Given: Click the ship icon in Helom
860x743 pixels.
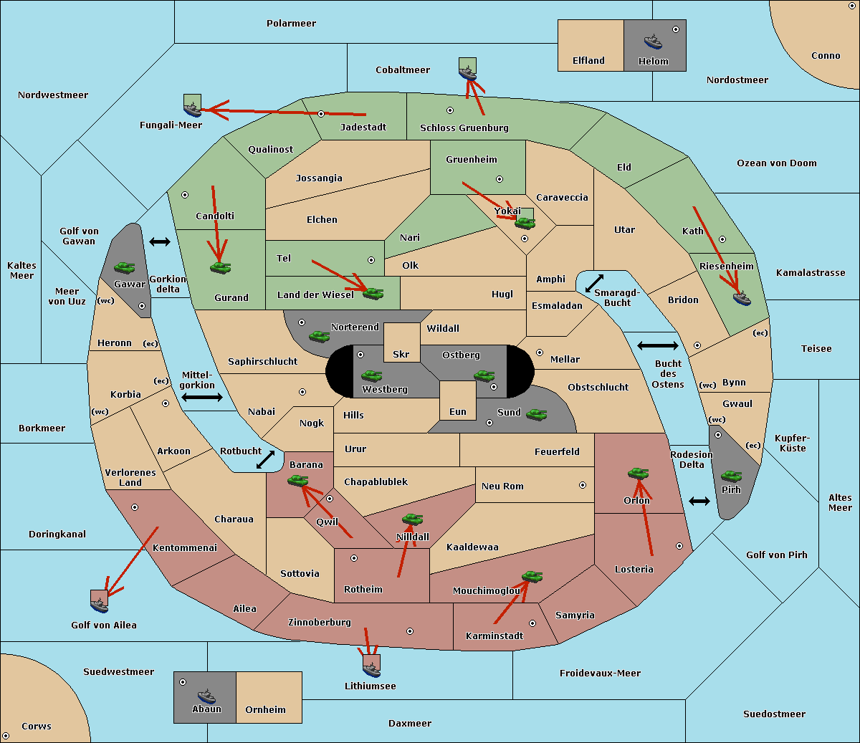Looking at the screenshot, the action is pyautogui.click(x=653, y=42).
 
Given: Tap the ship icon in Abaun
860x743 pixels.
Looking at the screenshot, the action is pyautogui.click(x=206, y=696).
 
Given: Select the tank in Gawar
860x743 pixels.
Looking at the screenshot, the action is pyautogui.click(x=124, y=267).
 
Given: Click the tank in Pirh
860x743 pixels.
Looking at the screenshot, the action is pyautogui.click(x=731, y=476).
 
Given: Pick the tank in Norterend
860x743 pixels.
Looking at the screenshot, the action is pyautogui.click(x=319, y=336).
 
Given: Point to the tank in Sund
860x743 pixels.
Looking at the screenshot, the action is pyautogui.click(x=536, y=414).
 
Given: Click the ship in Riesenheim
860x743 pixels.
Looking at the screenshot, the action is pyautogui.click(x=742, y=298).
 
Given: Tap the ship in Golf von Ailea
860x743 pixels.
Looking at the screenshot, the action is pyautogui.click(x=100, y=605).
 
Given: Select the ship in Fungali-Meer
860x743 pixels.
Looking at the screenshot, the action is pyautogui.click(x=192, y=109).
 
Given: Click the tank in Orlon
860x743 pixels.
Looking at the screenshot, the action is pyautogui.click(x=639, y=474).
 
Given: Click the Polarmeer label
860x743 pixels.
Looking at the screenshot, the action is pyautogui.click(x=291, y=24).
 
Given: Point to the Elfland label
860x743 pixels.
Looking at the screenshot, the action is pyautogui.click(x=588, y=60).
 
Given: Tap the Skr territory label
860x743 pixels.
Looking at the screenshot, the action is pyautogui.click(x=401, y=354).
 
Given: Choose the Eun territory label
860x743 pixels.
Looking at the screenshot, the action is pyautogui.click(x=458, y=411).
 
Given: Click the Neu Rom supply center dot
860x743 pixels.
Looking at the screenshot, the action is pyautogui.click(x=583, y=485).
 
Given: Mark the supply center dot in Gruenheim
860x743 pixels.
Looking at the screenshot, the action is pyautogui.click(x=500, y=179).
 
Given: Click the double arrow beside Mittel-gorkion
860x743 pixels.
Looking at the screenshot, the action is pyautogui.click(x=202, y=397).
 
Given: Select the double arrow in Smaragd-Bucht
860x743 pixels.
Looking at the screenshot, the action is pyautogui.click(x=594, y=283).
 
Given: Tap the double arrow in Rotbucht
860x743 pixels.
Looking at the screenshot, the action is pyautogui.click(x=265, y=460).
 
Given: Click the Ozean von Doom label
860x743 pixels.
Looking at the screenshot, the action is pyautogui.click(x=777, y=163).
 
